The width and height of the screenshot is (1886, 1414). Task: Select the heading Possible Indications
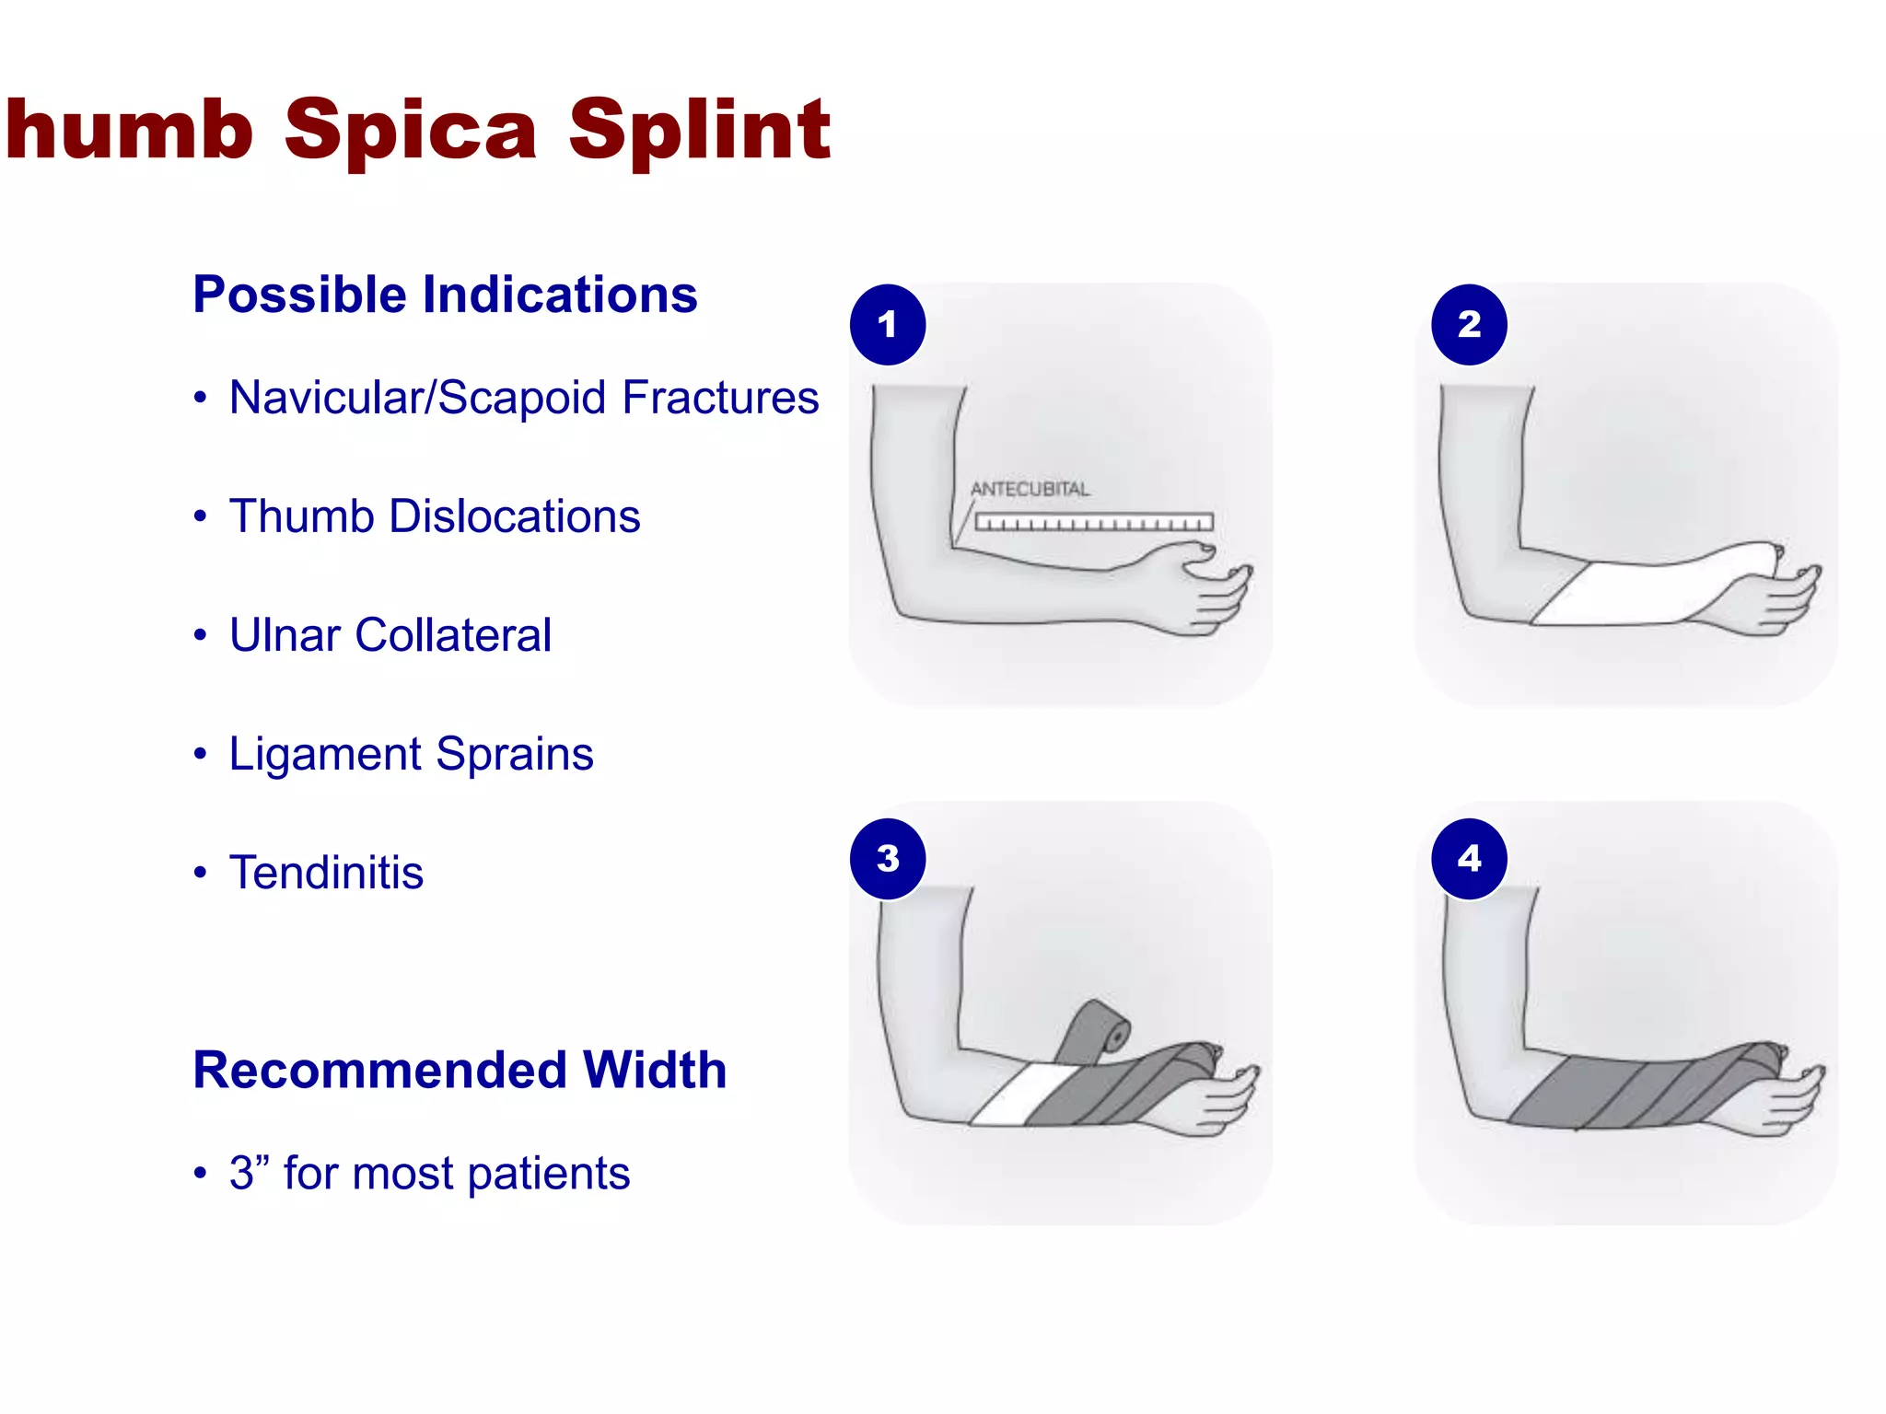point(445,295)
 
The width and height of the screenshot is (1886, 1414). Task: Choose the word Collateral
point(453,635)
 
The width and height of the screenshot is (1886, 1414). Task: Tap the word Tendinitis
point(326,873)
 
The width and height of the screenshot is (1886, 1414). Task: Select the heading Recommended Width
point(460,1070)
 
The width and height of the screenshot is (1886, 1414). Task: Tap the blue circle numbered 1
point(888,324)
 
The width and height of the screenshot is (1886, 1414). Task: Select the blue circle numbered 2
point(1469,324)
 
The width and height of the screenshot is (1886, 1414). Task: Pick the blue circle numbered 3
point(888,858)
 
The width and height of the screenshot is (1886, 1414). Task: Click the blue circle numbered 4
point(1469,858)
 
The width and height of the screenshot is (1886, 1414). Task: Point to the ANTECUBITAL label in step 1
point(1030,489)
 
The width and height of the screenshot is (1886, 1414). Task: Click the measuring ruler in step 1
point(1094,523)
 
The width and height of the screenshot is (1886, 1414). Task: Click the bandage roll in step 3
point(1098,1029)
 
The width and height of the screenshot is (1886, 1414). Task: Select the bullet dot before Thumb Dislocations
point(200,516)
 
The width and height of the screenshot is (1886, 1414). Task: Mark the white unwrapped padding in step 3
point(1013,1095)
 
